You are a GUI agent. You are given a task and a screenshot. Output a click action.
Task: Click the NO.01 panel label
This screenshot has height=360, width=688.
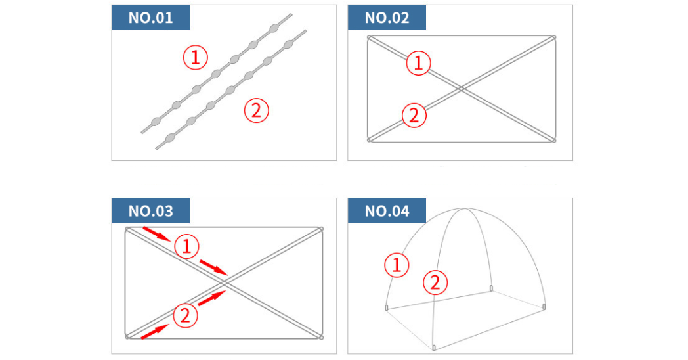click(150, 18)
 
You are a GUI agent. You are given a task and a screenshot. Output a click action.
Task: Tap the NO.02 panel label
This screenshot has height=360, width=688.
click(387, 18)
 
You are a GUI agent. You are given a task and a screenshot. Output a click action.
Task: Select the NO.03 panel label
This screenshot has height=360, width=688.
click(150, 211)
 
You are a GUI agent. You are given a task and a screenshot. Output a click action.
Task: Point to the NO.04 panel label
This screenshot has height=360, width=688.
click(387, 211)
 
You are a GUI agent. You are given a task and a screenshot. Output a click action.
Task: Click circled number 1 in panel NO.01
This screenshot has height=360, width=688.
click(195, 58)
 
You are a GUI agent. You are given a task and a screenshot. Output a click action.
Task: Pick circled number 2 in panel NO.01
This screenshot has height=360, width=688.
click(256, 110)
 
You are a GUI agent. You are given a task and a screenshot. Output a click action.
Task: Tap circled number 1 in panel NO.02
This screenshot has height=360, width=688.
click(419, 63)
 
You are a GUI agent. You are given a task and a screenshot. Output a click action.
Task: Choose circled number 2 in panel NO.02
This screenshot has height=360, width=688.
click(414, 116)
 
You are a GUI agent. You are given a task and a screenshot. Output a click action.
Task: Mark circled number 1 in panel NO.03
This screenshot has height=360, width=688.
click(187, 246)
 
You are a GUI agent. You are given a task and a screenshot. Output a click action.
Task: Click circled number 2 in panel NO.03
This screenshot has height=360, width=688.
click(186, 316)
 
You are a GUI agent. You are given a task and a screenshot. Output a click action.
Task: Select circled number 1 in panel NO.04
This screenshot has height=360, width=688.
click(397, 265)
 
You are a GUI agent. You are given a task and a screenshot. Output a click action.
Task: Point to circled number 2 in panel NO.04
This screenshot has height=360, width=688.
click(435, 282)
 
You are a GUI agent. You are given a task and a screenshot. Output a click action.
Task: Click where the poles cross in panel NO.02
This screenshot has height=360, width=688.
click(462, 89)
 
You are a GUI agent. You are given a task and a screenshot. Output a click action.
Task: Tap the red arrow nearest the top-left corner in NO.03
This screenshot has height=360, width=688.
click(157, 234)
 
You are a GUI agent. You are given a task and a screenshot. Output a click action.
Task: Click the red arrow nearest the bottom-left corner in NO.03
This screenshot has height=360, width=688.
click(155, 332)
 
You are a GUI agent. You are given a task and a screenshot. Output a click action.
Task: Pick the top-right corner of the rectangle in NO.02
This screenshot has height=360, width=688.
click(554, 37)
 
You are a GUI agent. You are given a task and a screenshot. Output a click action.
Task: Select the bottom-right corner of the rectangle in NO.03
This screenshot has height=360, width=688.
click(321, 337)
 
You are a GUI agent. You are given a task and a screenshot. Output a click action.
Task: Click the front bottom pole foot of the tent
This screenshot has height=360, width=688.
click(434, 348)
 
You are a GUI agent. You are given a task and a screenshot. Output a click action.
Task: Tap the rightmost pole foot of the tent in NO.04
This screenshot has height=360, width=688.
click(544, 306)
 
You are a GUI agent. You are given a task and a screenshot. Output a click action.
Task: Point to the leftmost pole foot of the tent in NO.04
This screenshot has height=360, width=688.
click(387, 307)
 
